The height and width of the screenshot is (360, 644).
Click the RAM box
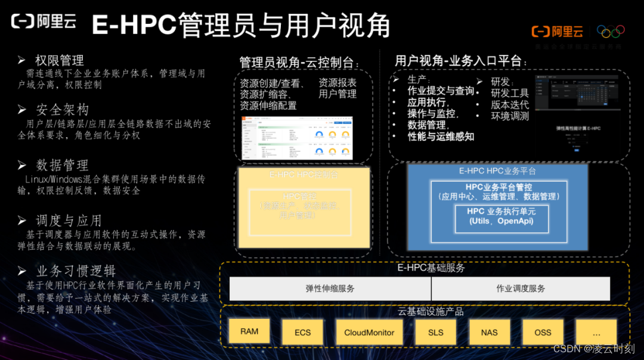pos(249,331)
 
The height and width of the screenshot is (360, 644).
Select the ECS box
pos(302,333)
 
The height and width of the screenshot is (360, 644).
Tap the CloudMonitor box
pos(369,333)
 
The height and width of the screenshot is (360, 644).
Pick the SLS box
pos(436,333)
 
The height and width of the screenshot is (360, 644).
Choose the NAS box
pos(489,333)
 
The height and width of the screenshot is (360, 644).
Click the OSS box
pos(543,333)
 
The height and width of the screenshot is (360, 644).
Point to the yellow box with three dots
pos(596,333)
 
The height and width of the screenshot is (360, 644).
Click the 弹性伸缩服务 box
pos(330,288)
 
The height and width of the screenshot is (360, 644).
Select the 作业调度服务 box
pos(521,288)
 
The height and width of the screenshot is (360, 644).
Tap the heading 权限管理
pos(59,60)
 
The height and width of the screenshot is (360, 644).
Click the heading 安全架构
pos(62,110)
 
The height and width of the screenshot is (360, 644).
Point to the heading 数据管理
pos(62,165)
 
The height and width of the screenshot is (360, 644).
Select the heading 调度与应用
pos(68,221)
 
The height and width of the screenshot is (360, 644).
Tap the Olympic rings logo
pos(611,30)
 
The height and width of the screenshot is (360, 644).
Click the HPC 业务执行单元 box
pos(501,216)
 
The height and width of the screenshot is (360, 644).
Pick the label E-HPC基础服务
pos(431,268)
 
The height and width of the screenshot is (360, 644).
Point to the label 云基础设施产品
pos(431,311)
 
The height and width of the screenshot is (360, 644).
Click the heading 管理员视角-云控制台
pos(299,63)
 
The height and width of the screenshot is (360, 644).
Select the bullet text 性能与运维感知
pos(441,136)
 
